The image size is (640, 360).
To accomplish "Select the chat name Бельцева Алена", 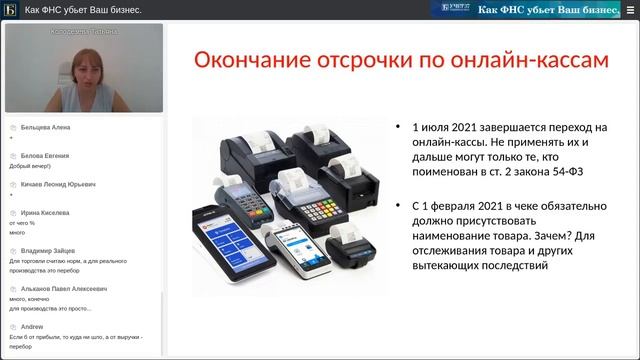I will tap(45, 128).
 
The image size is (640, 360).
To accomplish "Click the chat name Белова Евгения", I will tap(45, 156).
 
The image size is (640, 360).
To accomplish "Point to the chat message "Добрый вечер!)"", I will tap(29, 166).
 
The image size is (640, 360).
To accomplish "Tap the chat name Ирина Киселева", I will tap(45, 213).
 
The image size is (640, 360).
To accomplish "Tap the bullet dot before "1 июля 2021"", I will tap(399, 128).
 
